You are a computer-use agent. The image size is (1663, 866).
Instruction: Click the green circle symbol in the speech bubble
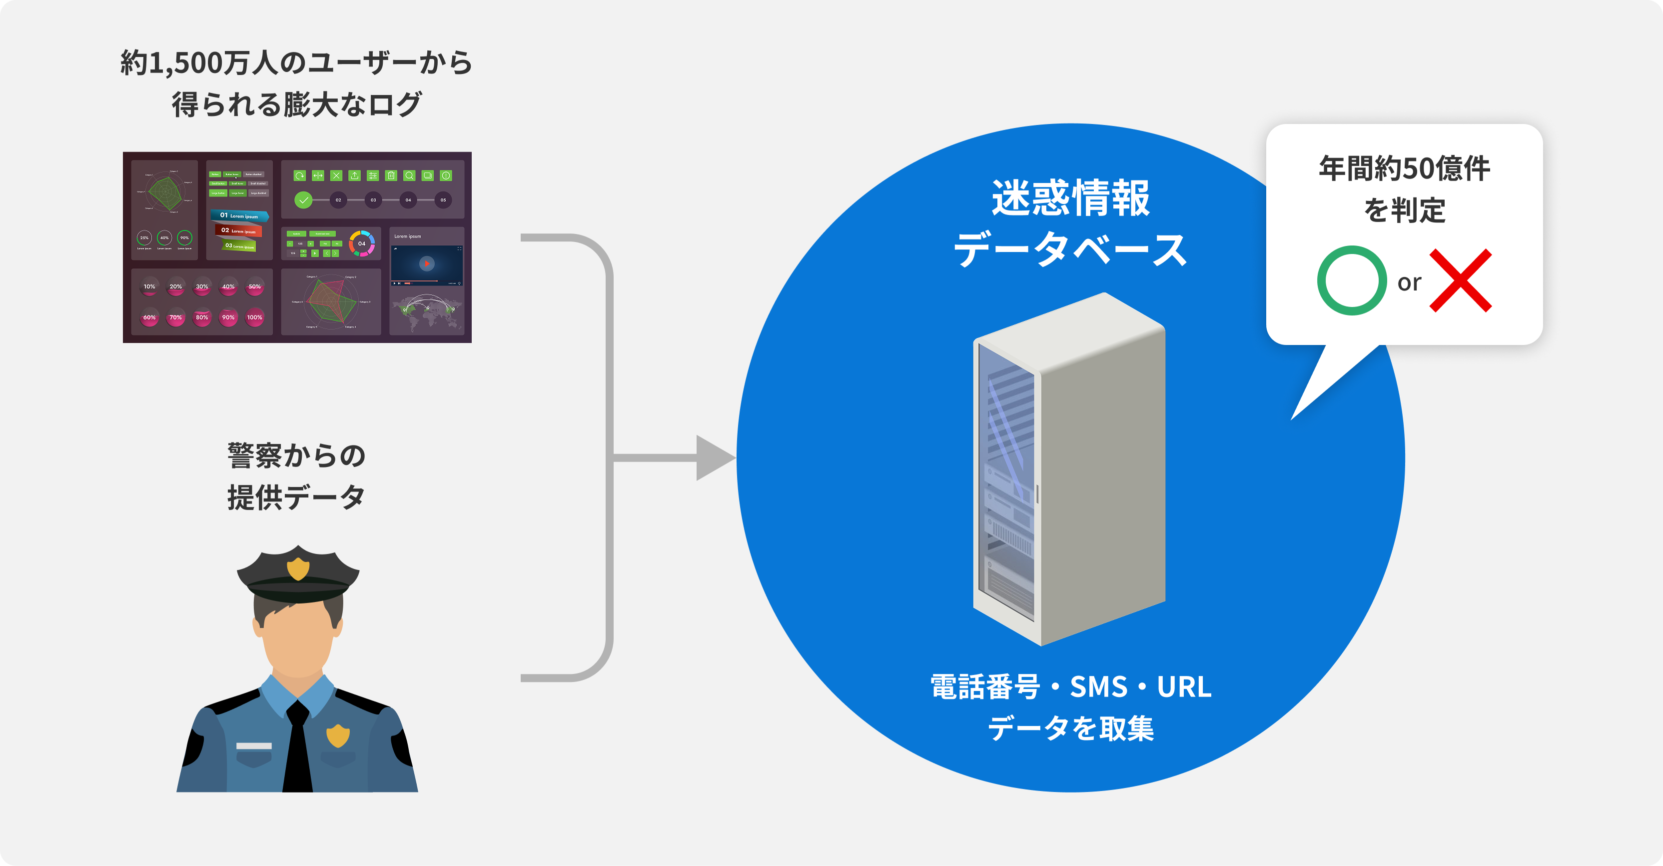click(x=1351, y=280)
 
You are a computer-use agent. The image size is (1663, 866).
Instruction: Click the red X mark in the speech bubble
click(x=1460, y=280)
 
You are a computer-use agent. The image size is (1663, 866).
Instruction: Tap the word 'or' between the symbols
click(x=1409, y=283)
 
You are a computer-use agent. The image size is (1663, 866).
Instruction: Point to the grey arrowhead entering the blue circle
click(x=715, y=458)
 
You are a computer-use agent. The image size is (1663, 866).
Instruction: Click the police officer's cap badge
click(x=298, y=568)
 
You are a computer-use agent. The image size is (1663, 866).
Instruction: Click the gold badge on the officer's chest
click(x=338, y=735)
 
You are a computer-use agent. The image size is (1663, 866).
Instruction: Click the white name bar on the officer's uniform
click(x=254, y=746)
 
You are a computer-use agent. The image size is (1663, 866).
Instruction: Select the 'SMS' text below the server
click(x=1098, y=686)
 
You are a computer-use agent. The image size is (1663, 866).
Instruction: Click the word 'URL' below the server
click(x=1184, y=686)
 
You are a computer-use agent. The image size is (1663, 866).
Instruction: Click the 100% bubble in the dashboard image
click(x=254, y=317)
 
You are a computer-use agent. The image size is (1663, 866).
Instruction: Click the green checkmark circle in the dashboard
click(x=303, y=200)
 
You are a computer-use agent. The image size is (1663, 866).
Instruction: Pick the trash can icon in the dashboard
click(x=391, y=175)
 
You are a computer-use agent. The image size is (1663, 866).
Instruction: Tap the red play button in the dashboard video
click(x=427, y=263)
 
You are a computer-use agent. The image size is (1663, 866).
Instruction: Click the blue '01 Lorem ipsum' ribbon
click(x=239, y=215)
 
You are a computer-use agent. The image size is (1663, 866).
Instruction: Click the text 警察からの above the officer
click(x=296, y=456)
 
